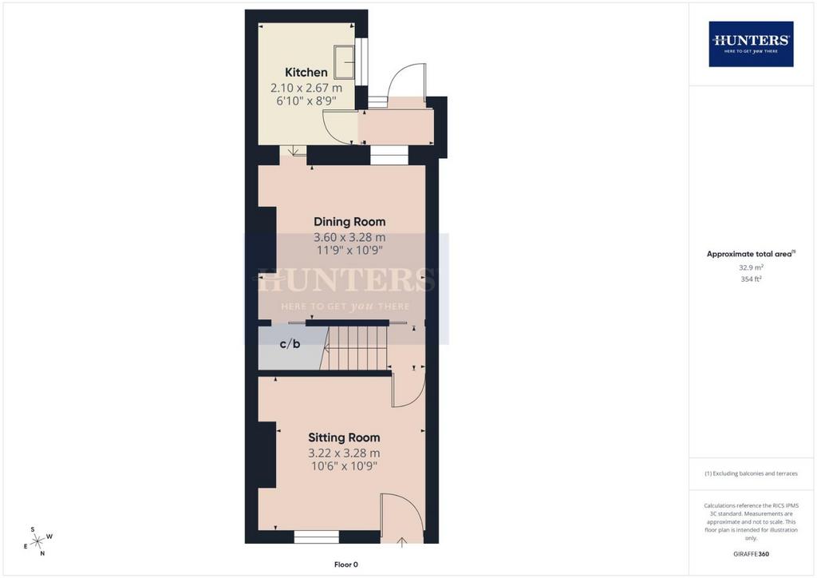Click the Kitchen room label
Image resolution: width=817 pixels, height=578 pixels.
pyautogui.click(x=306, y=73)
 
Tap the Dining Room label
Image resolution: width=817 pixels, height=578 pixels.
pyautogui.click(x=349, y=222)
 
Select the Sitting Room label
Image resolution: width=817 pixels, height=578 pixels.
pyautogui.click(x=344, y=437)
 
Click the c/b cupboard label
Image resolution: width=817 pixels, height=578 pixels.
pyautogui.click(x=290, y=344)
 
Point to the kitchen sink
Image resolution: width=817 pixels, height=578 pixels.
pyautogui.click(x=345, y=62)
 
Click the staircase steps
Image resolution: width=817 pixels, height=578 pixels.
pyautogui.click(x=354, y=347)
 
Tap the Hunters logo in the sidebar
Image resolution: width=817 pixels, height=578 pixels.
pyautogui.click(x=751, y=44)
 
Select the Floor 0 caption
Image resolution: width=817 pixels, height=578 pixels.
pyautogui.click(x=346, y=564)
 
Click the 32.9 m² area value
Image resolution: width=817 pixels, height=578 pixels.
pyautogui.click(x=751, y=267)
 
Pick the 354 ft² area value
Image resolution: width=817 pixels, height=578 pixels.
pyautogui.click(x=751, y=279)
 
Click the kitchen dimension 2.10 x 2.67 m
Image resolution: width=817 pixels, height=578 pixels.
pyautogui.click(x=306, y=88)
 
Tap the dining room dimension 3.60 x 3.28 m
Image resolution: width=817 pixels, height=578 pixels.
pyautogui.click(x=349, y=238)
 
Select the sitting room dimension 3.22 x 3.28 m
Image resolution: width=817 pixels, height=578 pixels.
pyautogui.click(x=344, y=453)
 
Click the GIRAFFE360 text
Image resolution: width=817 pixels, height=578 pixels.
pyautogui.click(x=751, y=554)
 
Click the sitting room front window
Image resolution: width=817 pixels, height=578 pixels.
pyautogui.click(x=316, y=536)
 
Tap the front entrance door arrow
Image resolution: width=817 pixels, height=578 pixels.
pyautogui.click(x=402, y=541)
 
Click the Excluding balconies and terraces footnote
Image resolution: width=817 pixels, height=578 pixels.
pyautogui.click(x=751, y=473)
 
